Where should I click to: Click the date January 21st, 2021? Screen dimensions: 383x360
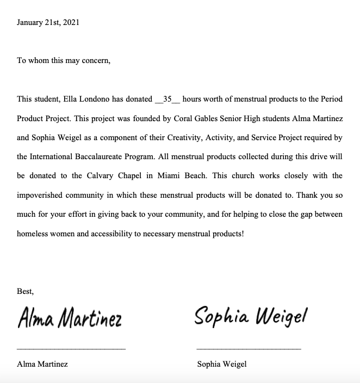coord(48,23)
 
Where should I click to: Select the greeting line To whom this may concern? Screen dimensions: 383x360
coord(64,61)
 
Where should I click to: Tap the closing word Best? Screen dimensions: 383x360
coord(25,291)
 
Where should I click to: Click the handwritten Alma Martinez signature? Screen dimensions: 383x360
coord(70,318)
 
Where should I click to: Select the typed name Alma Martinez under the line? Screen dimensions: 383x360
coord(42,364)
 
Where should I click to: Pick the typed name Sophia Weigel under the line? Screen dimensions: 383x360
coord(222,364)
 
